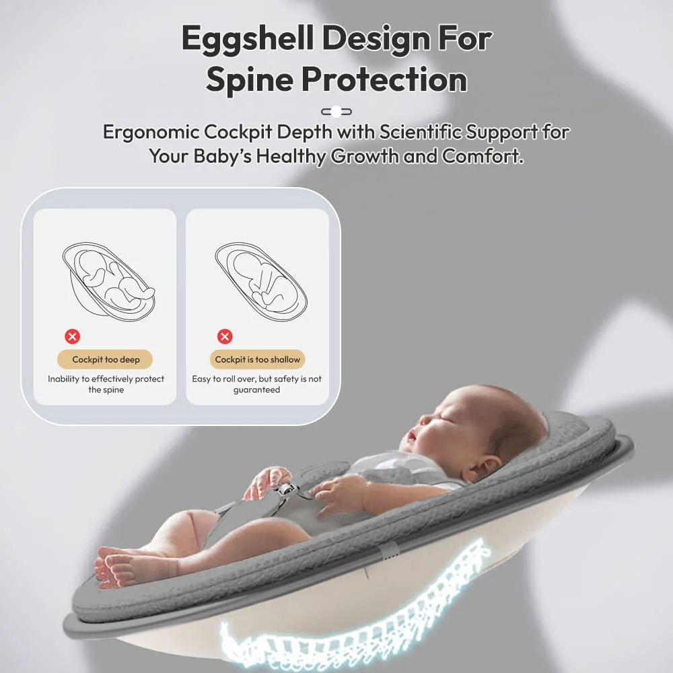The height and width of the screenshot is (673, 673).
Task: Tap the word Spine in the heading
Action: click(248, 79)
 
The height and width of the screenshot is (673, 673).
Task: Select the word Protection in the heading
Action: click(384, 79)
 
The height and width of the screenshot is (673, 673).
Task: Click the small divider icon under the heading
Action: click(336, 112)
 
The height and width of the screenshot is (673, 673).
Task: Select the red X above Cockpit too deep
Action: click(73, 336)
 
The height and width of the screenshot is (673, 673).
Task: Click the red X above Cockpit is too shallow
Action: click(225, 336)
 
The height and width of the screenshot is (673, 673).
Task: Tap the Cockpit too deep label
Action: click(106, 359)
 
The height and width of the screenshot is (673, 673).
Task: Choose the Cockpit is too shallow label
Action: click(257, 359)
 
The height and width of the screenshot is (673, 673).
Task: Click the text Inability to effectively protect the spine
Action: click(106, 384)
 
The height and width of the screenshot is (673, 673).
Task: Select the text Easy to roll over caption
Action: click(257, 384)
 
